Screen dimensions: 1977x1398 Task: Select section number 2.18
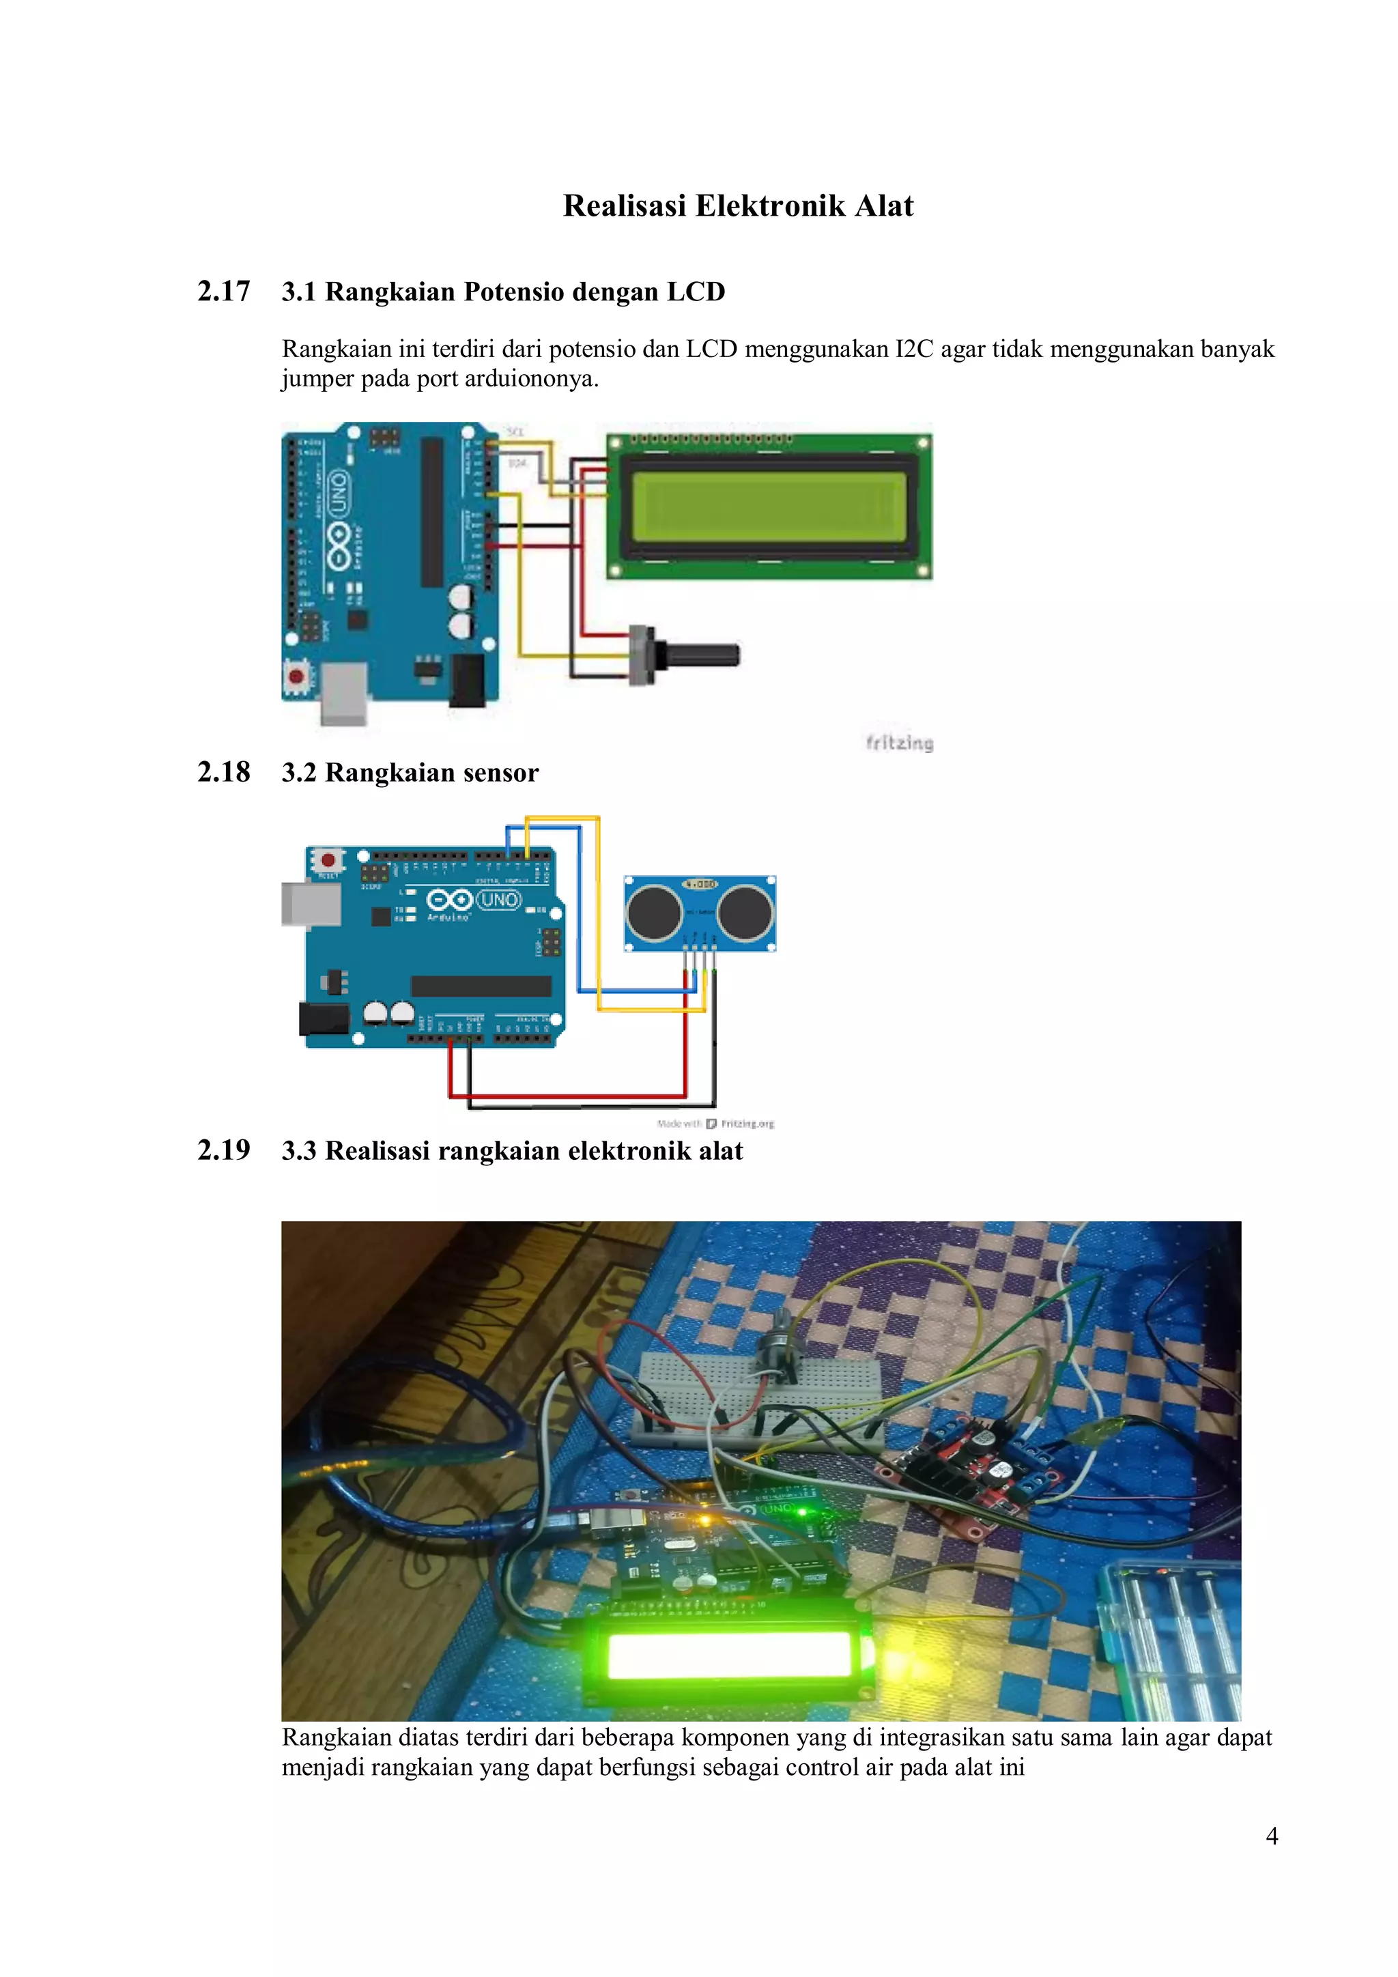coord(224,771)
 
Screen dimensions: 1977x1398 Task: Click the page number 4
coord(1272,1836)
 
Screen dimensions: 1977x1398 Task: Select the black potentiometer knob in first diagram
coord(705,655)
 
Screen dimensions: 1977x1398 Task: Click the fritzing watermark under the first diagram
coord(899,743)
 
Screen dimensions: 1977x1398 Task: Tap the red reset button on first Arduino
coord(296,676)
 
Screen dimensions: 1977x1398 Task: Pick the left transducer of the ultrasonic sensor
coord(655,912)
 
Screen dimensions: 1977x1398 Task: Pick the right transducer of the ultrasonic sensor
coord(745,912)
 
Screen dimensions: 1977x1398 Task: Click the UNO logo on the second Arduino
coord(498,900)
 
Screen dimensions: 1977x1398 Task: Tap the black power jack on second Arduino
coord(324,1019)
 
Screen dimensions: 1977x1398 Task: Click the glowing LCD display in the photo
coord(728,1658)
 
